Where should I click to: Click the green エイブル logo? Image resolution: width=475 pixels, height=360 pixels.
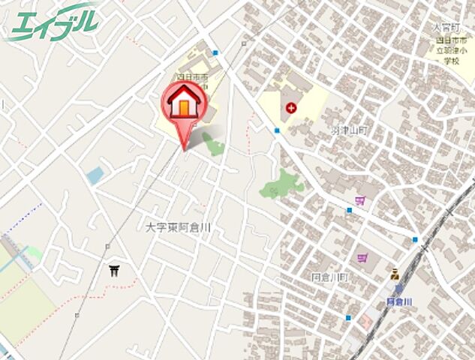click(53, 22)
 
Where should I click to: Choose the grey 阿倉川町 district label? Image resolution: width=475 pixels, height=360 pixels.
click(329, 277)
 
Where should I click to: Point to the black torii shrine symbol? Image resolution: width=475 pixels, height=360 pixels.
click(115, 270)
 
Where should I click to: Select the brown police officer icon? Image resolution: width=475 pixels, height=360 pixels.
click(394, 274)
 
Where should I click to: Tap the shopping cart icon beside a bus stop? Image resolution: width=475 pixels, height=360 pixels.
click(360, 200)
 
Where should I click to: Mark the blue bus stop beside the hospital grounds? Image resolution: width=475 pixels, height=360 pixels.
click(276, 130)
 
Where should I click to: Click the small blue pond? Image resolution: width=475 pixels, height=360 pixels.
click(95, 175)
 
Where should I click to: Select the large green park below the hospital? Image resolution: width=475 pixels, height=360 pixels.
click(283, 184)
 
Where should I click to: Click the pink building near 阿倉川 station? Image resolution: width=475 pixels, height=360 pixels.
click(365, 321)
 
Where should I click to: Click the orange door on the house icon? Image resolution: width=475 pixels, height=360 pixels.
click(182, 107)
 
